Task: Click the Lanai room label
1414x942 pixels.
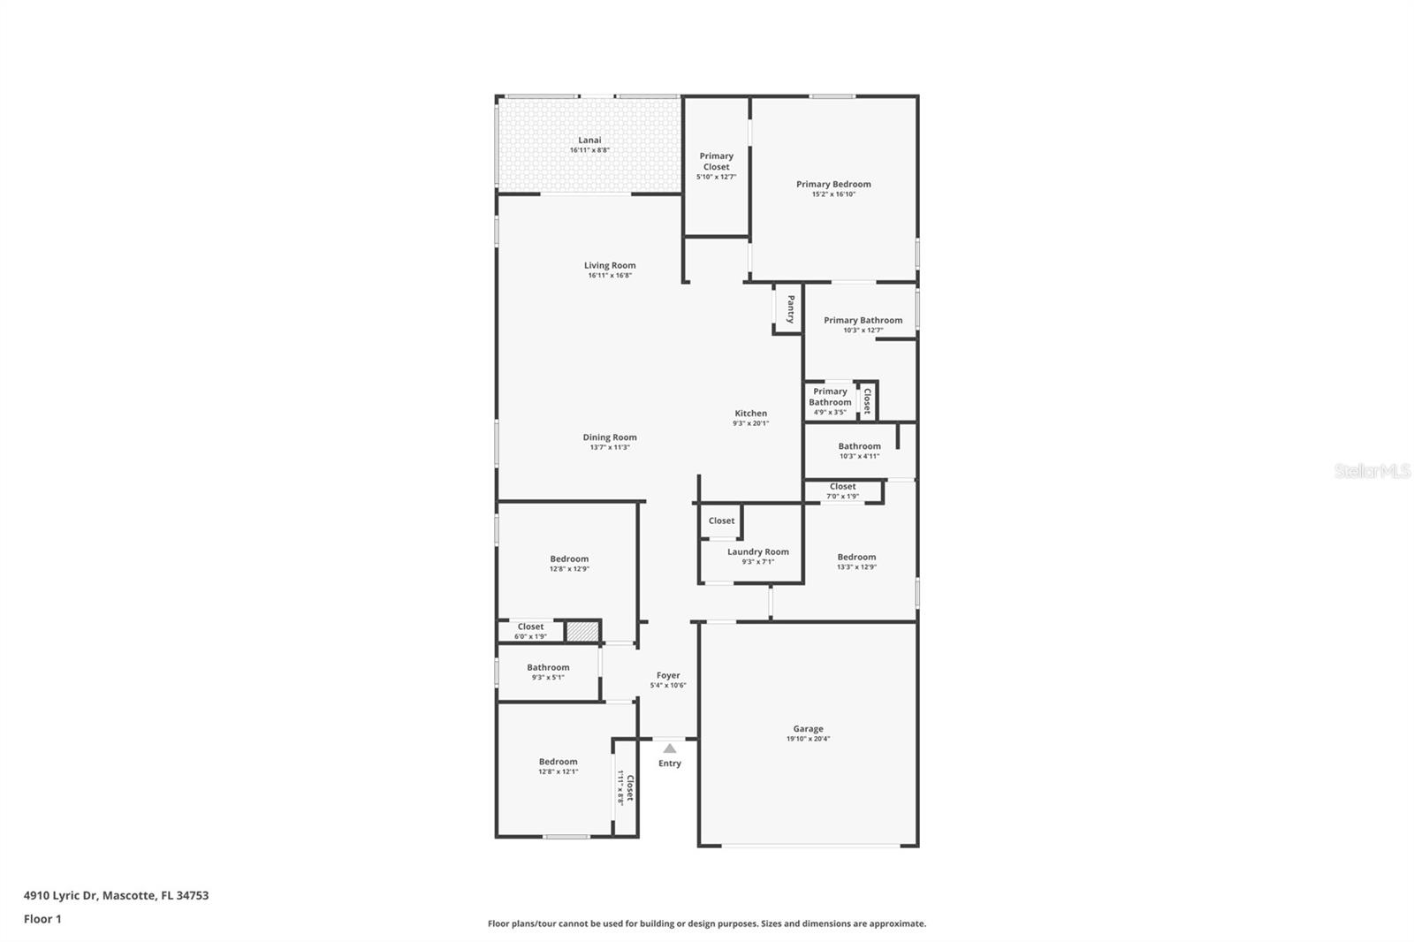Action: coord(589,140)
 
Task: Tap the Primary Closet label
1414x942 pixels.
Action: coord(716,161)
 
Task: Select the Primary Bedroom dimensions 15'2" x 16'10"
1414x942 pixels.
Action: coord(833,194)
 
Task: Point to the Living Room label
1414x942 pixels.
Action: coord(609,265)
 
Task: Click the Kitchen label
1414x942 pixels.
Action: coord(750,413)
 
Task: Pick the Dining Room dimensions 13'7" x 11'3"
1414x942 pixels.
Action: coord(609,447)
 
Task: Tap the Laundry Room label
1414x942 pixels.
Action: coord(757,551)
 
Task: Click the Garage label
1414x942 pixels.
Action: coord(808,729)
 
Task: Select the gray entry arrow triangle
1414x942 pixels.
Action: coord(670,748)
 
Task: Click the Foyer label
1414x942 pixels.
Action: coord(668,675)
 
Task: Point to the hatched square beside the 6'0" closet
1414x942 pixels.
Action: coord(582,632)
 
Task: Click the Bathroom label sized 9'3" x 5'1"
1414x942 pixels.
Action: coord(548,667)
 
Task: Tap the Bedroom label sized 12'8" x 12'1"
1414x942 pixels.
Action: coord(558,762)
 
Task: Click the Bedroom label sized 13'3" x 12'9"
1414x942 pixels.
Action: coord(856,557)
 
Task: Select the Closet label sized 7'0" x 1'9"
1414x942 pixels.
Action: coord(842,486)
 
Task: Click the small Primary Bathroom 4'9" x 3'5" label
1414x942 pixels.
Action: coord(830,397)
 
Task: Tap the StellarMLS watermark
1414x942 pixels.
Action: coord(1372,471)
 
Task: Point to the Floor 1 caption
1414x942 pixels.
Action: coord(42,919)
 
